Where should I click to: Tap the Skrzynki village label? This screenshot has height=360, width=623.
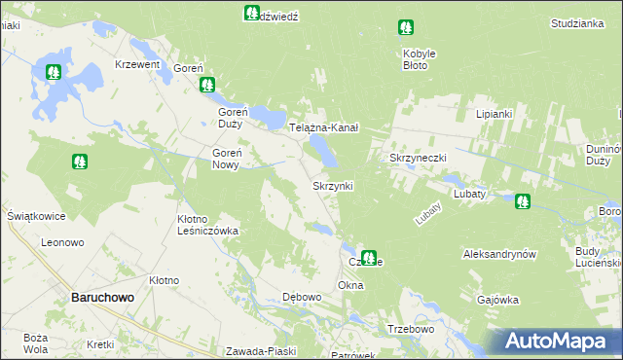[331, 185]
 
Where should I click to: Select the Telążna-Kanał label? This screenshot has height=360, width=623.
[325, 127]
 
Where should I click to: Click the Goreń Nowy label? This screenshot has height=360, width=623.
[233, 159]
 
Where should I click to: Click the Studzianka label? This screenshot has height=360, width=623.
[578, 22]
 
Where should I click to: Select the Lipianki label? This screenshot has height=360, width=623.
[494, 114]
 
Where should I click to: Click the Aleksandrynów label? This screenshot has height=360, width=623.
[499, 253]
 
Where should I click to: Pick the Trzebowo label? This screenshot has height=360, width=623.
[409, 329]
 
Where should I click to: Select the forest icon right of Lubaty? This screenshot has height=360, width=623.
[523, 201]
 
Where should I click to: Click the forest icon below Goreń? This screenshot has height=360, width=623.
[207, 86]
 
